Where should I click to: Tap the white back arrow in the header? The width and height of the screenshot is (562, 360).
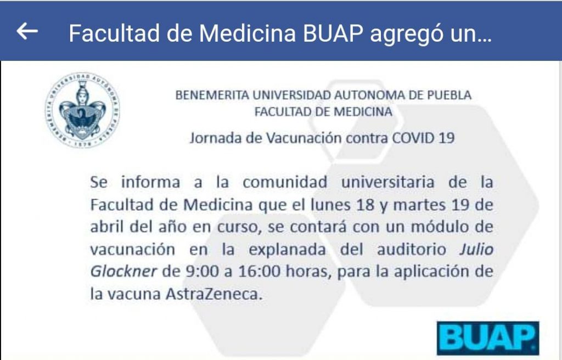point(27,32)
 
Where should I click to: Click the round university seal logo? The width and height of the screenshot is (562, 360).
point(82,110)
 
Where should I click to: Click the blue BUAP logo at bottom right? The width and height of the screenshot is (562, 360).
point(488,338)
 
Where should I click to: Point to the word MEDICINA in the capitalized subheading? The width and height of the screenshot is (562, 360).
point(362,112)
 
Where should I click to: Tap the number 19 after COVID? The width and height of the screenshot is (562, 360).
point(444,138)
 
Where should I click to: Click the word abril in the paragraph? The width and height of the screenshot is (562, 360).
point(105,227)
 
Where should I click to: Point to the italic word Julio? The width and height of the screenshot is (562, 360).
point(476,250)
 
